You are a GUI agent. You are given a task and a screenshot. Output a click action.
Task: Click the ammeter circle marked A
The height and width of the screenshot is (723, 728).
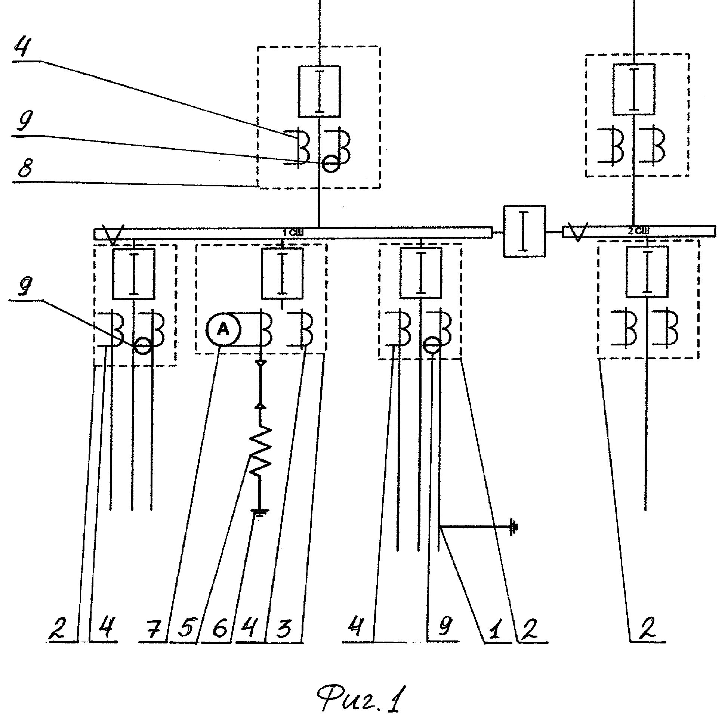click(224, 329)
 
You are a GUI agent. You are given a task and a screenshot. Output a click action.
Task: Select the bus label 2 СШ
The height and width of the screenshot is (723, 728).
click(638, 230)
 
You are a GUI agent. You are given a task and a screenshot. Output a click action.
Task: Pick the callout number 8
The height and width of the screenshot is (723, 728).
click(25, 169)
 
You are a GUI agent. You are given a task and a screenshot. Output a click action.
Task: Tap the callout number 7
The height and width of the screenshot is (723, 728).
click(153, 629)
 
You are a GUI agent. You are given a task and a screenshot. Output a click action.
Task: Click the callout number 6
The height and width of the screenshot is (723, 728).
click(219, 629)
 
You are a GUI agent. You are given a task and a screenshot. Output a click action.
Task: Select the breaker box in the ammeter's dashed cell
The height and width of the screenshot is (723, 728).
click(282, 273)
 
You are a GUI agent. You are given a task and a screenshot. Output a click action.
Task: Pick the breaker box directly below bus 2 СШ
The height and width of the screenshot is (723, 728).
click(647, 272)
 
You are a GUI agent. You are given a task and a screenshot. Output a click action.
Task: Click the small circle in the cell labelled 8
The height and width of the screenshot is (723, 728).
click(330, 164)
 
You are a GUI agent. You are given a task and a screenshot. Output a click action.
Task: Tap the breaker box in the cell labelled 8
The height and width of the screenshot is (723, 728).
click(320, 91)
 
